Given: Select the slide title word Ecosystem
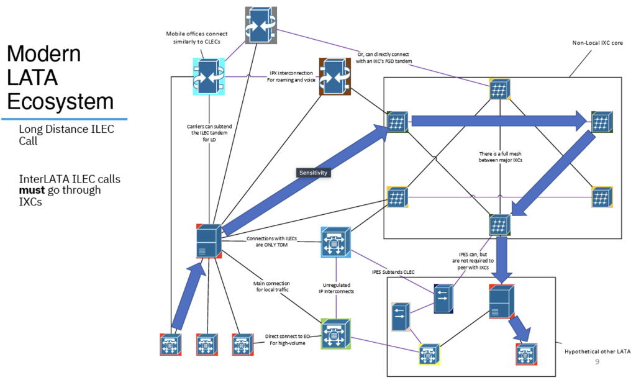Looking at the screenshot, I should click(60, 101).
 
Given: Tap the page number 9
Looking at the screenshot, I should click(597, 362).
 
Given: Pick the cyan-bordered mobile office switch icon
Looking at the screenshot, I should click(209, 76).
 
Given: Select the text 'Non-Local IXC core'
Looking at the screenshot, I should click(597, 43).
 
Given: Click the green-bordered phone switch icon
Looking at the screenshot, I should click(336, 335).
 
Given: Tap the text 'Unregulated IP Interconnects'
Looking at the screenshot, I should click(335, 287).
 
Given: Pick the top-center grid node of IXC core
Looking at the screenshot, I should click(499, 89).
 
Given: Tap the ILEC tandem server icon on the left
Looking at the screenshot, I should click(209, 241).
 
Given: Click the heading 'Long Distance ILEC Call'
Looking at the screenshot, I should click(66, 135).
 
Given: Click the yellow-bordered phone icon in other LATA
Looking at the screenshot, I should click(428, 354).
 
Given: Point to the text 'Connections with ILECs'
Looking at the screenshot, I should click(272, 238).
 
